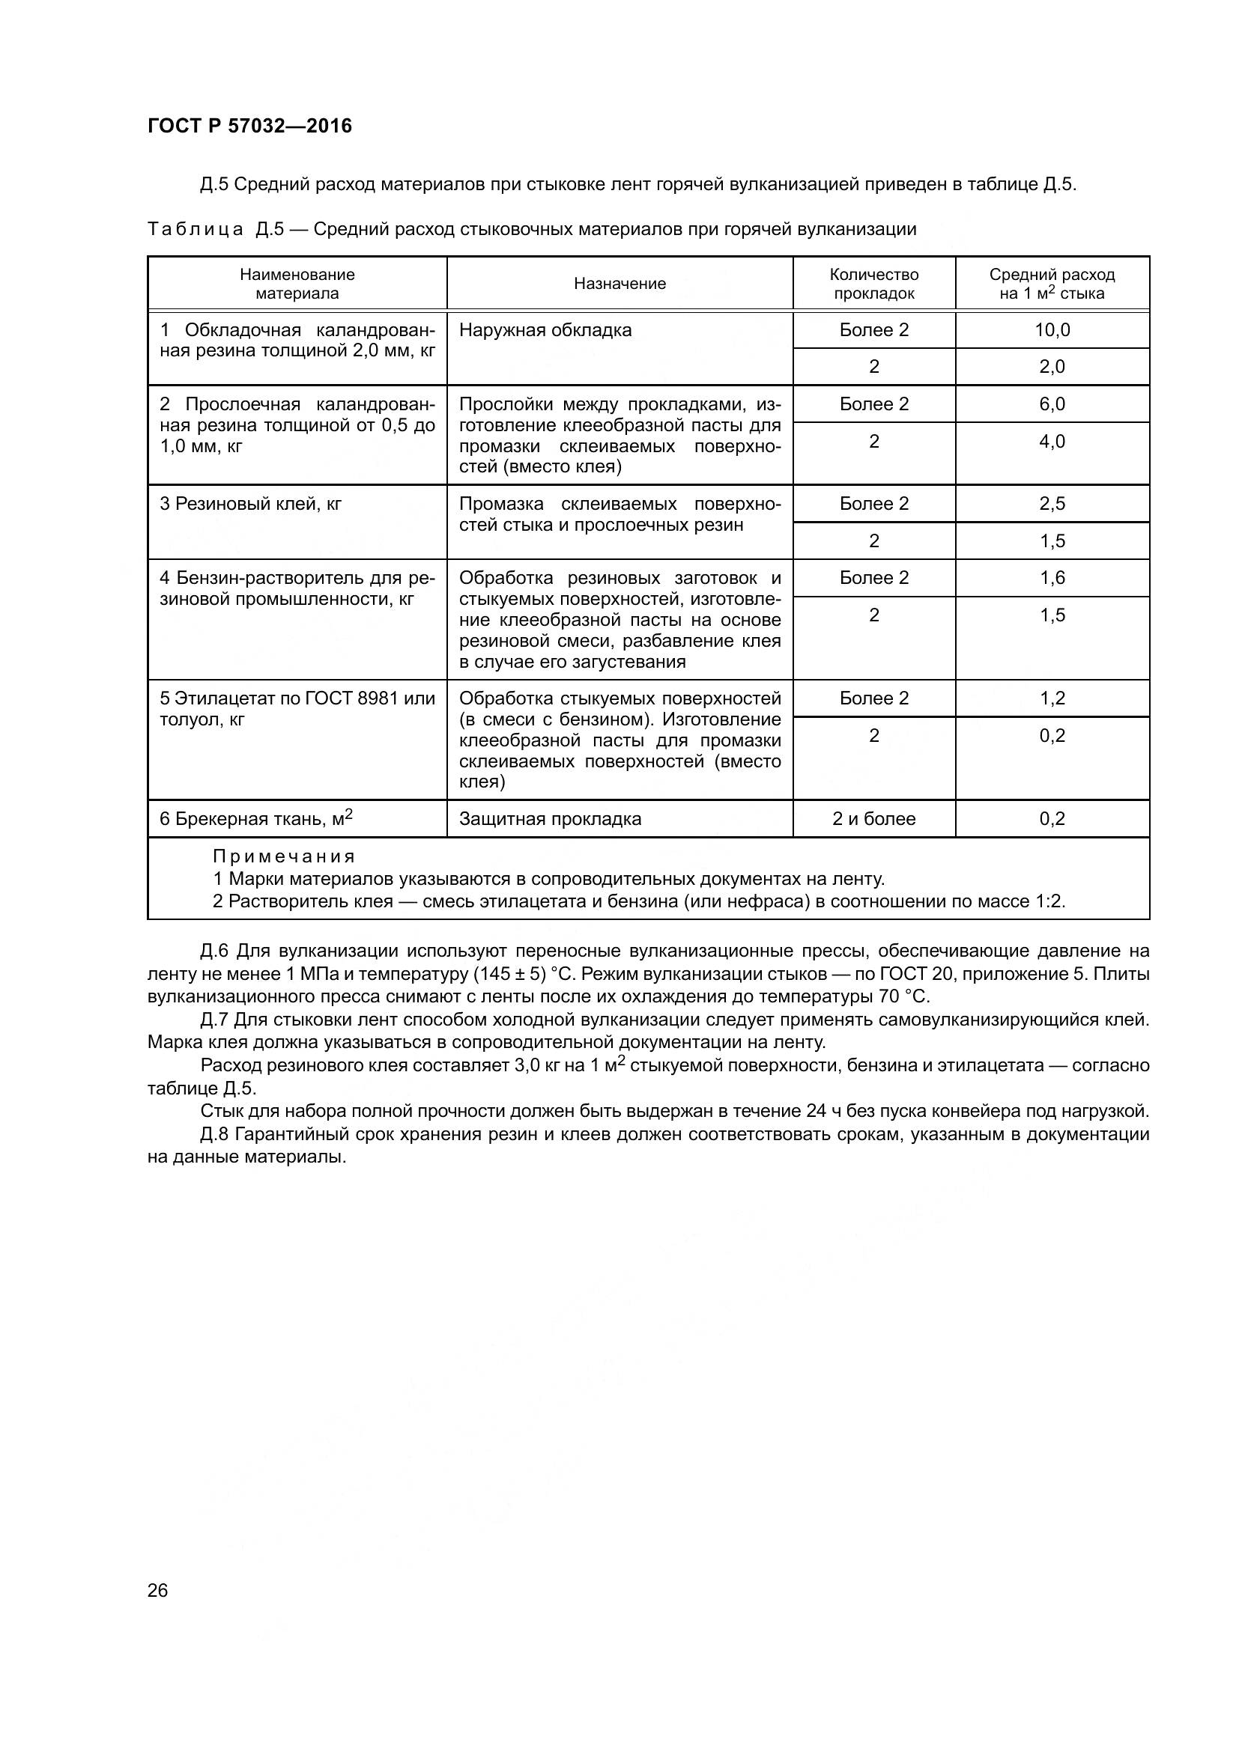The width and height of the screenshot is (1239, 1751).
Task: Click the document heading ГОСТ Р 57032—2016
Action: click(x=249, y=127)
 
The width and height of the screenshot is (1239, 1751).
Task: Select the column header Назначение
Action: click(x=619, y=284)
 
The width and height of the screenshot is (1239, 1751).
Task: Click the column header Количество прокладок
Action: click(x=873, y=284)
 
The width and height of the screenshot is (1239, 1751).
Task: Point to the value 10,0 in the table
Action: click(x=1052, y=330)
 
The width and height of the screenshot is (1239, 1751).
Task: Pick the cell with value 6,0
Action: click(x=1052, y=404)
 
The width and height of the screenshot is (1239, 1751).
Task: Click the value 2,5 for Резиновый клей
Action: click(x=1052, y=504)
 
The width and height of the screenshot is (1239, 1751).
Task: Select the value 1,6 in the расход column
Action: click(x=1052, y=578)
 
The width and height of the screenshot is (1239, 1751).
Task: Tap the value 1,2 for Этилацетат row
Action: click(x=1052, y=698)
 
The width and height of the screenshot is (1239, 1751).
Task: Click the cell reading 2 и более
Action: click(x=873, y=819)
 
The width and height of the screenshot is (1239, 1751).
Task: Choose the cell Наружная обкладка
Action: click(x=545, y=330)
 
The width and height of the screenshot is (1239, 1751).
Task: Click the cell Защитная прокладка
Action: click(x=550, y=819)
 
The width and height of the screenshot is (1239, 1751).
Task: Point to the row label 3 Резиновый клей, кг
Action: click(x=250, y=504)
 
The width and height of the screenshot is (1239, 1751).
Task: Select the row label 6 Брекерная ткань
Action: click(x=255, y=819)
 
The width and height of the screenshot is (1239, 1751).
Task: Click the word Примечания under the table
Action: click(x=284, y=856)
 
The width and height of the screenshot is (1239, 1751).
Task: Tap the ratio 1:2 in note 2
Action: click(x=1049, y=901)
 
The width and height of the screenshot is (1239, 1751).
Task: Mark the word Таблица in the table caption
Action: click(x=196, y=230)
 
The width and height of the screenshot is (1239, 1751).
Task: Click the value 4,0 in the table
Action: click(x=1052, y=442)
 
